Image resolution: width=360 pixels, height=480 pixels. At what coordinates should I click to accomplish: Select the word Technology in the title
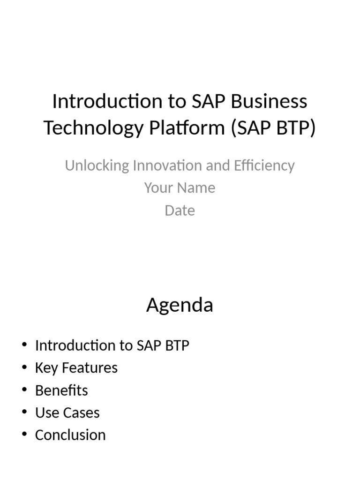[90, 127]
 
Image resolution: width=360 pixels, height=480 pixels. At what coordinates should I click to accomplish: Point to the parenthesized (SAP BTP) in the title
[273, 127]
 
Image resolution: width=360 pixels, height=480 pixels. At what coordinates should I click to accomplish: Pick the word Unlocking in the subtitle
[97, 165]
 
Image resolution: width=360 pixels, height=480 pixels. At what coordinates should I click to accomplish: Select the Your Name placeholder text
[180, 188]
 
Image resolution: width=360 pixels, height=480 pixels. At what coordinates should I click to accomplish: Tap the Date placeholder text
[180, 210]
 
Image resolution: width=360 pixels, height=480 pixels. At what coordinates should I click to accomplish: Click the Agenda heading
[180, 305]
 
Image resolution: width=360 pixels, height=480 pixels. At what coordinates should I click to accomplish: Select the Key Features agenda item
[76, 368]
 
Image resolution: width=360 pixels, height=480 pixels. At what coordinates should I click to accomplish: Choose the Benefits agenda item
[61, 390]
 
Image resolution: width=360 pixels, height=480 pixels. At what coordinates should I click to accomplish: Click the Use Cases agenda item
[67, 413]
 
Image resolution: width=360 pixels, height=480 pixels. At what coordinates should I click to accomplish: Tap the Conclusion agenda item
[70, 435]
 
